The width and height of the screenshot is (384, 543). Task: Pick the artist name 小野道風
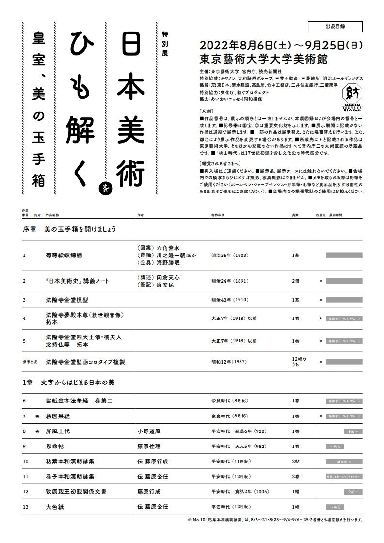[150, 431]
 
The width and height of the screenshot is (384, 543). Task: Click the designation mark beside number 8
[37, 431]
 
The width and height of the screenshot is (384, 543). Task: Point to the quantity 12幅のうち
[297, 362]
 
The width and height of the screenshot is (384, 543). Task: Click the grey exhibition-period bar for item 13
[344, 507]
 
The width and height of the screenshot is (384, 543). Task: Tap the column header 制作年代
[219, 213]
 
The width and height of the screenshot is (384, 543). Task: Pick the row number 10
[26, 461]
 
